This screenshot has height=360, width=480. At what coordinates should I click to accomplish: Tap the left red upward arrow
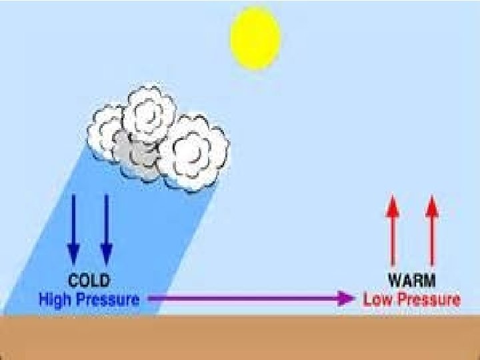(x=392, y=230)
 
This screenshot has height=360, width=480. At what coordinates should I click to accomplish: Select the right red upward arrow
(x=431, y=230)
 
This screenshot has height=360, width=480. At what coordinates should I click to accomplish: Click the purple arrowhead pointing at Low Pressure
(x=346, y=299)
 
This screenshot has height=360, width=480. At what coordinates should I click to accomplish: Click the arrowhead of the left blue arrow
(x=73, y=253)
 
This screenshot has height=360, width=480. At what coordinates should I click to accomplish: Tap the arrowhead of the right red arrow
(x=431, y=204)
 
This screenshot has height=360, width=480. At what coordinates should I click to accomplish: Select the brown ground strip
(x=240, y=337)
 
